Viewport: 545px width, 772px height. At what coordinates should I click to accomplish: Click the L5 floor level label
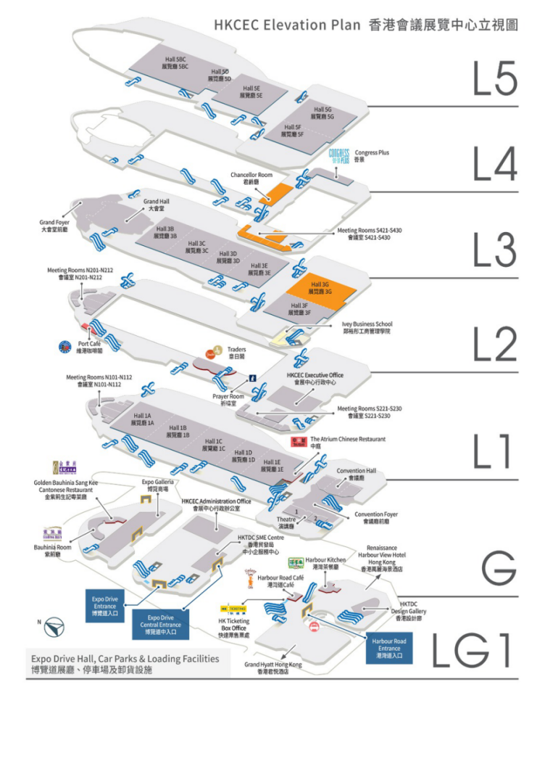coord(495,78)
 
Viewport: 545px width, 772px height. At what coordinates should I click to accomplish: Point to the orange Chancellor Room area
coord(275,192)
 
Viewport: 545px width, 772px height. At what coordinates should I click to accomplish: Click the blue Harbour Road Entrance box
coord(388,648)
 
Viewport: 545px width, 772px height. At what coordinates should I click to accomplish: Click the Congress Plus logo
coord(339,155)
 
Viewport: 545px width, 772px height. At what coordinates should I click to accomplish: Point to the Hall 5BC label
coord(175,62)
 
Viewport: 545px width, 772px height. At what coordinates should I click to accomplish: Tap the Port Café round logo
coord(65,346)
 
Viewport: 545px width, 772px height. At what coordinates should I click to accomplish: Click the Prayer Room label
coord(228,401)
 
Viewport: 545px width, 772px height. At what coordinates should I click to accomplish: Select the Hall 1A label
coord(142,419)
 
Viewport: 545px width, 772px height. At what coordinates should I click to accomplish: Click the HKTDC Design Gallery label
coord(409,611)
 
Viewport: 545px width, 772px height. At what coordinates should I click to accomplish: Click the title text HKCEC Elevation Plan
coord(287,25)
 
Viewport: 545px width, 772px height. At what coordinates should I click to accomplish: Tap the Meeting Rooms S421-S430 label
coord(369,234)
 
